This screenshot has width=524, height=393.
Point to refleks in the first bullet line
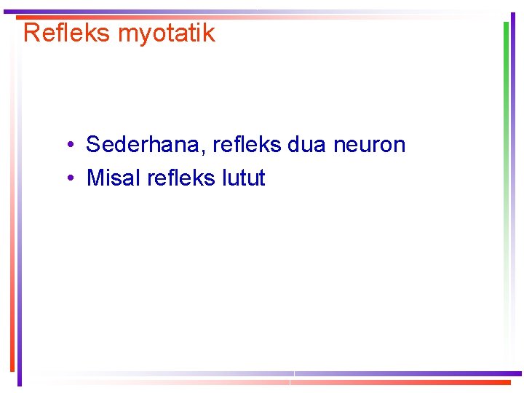[x=247, y=144]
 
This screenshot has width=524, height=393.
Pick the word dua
[x=307, y=144]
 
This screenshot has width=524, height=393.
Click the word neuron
[x=369, y=144]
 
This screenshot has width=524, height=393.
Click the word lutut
[x=244, y=178]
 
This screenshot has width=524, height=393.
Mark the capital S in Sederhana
[x=93, y=144]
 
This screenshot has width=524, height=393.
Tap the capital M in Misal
[x=95, y=178]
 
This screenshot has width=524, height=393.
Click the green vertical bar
[x=506, y=109]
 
